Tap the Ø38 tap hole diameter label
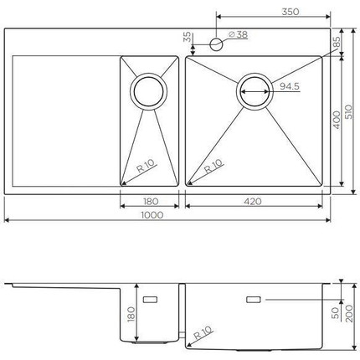click(237, 34)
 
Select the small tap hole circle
click(216, 40)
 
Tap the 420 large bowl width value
click(254, 201)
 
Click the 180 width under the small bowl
click(151, 201)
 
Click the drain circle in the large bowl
click(255, 90)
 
